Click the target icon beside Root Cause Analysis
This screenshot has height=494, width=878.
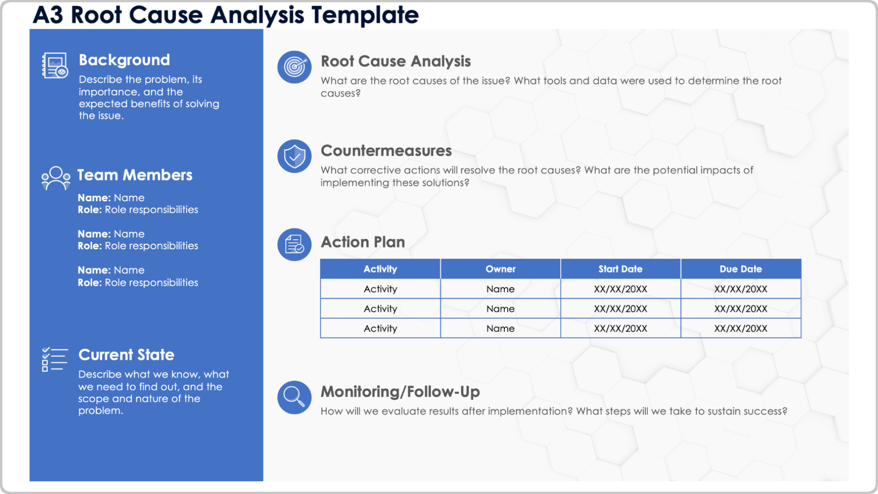tap(294, 67)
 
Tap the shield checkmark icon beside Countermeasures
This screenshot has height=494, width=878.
tap(294, 156)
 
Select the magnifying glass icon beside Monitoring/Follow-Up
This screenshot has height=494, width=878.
tap(294, 397)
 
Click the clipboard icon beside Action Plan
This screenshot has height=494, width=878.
tap(294, 244)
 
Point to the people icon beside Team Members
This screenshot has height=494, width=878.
tap(56, 178)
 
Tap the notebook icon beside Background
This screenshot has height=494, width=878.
tap(55, 65)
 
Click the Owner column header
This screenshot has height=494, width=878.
tap(500, 269)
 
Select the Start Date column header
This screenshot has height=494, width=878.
tap(621, 269)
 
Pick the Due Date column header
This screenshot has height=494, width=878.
tap(741, 269)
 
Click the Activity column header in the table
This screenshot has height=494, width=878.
tap(380, 269)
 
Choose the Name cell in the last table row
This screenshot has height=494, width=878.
tap(500, 328)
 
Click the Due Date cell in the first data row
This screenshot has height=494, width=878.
tap(741, 289)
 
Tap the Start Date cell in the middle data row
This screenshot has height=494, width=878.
tap(621, 309)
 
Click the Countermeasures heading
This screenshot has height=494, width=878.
tap(386, 150)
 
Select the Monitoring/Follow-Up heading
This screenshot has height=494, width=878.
tap(400, 392)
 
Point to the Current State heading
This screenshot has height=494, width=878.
tap(126, 354)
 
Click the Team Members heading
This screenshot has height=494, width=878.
tap(134, 175)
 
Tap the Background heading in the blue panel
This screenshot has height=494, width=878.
tap(124, 60)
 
